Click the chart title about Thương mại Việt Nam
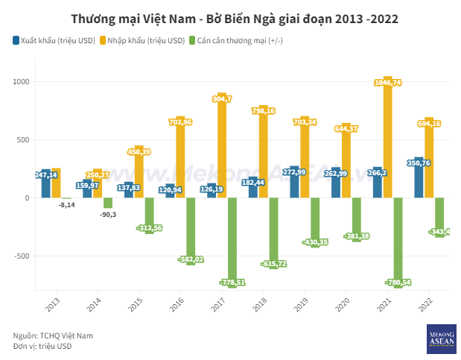click(230, 17)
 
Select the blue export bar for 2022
click(419, 179)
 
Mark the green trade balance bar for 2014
click(108, 203)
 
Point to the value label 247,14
click(47, 175)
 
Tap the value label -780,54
click(399, 282)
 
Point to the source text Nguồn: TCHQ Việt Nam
click(53, 335)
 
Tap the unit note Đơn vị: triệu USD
click(42, 346)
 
